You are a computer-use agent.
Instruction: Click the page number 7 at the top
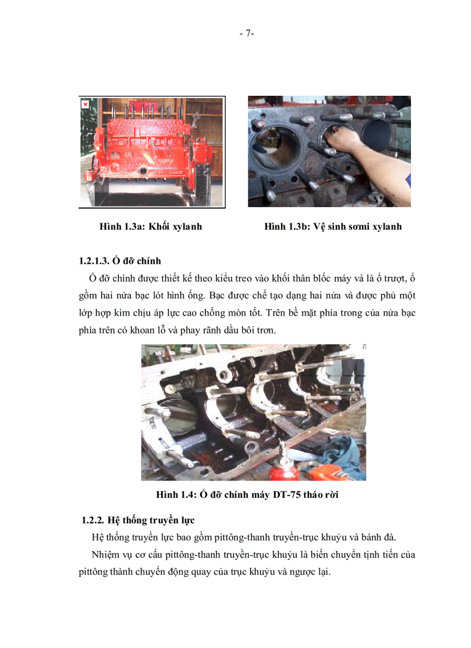click(x=246, y=33)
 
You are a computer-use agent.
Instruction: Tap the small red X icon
click(x=85, y=104)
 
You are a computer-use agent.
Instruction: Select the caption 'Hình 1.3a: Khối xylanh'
click(x=151, y=227)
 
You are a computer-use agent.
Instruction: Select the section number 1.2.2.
click(x=94, y=520)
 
